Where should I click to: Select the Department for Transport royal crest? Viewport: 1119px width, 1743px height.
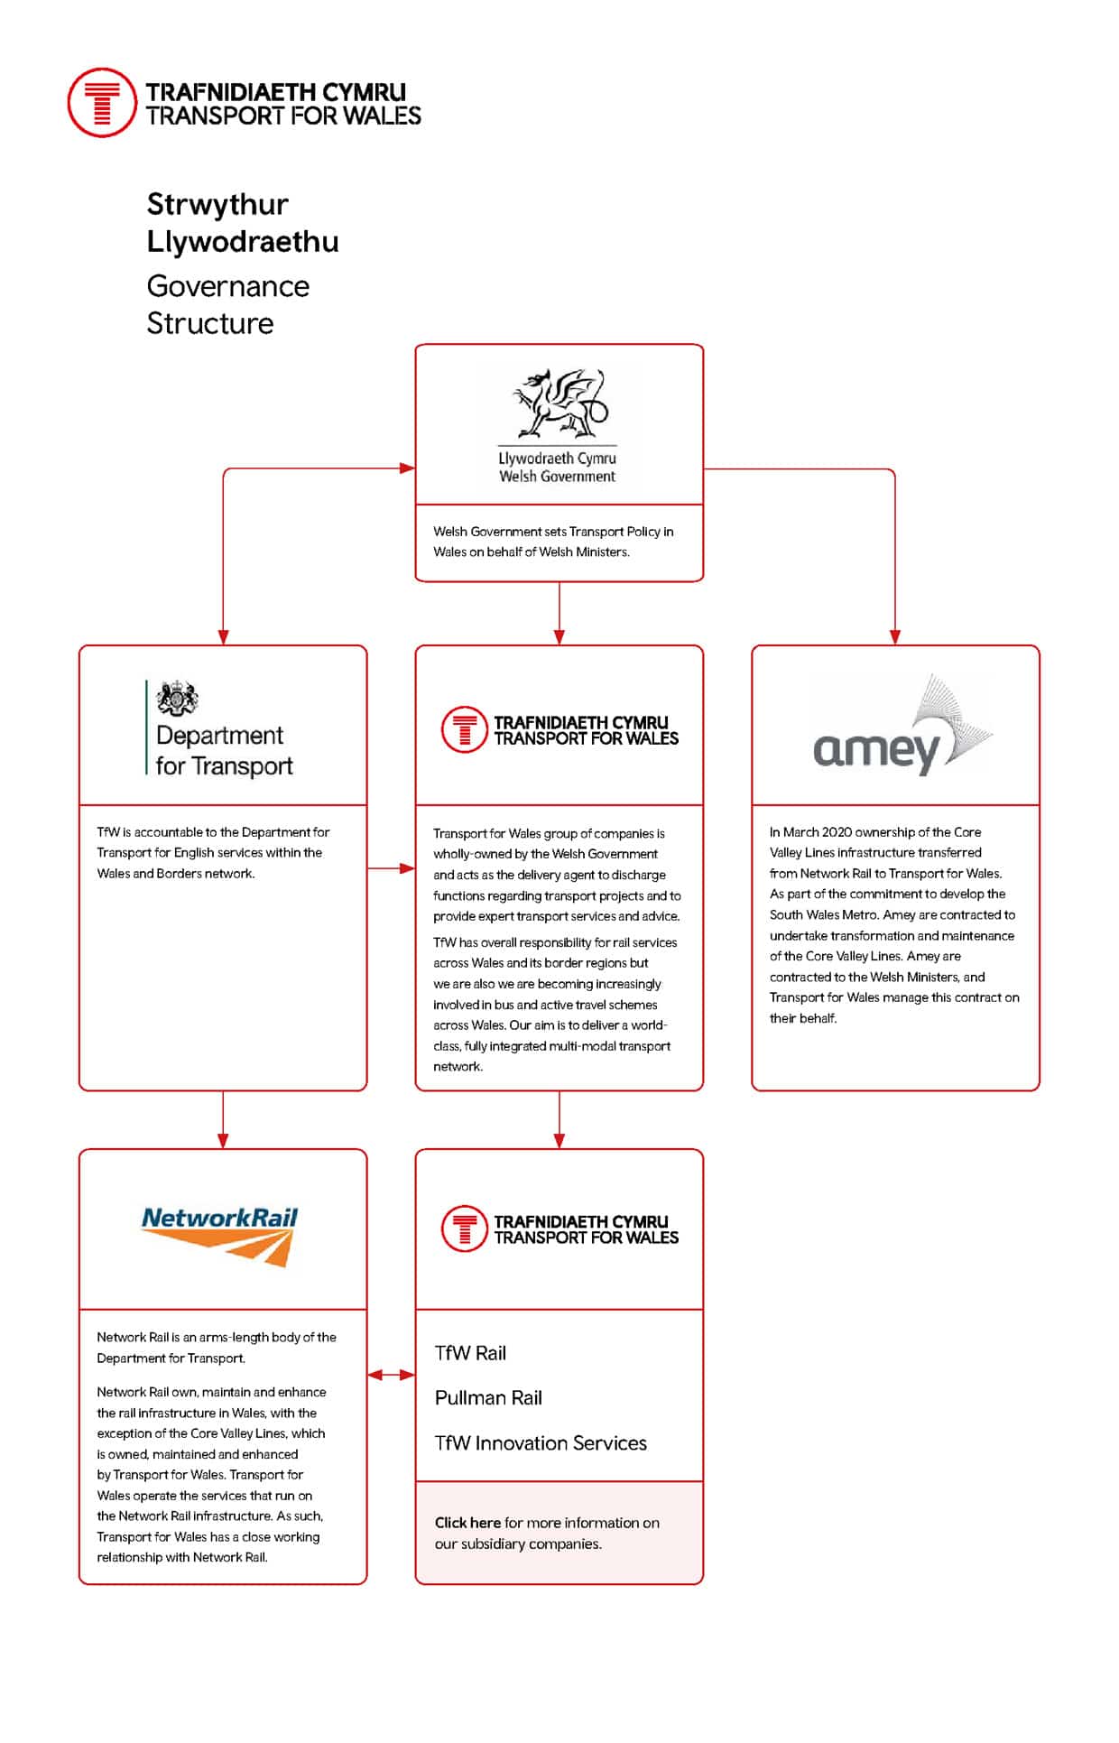coord(177,698)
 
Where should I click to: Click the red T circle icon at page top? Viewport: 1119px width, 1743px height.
coord(102,103)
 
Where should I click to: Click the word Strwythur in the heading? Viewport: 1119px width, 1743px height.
coord(217,205)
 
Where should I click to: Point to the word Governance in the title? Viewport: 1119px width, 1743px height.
coord(228,286)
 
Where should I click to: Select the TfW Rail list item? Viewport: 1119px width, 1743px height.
coord(470,1353)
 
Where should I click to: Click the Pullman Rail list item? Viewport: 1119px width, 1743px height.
coord(488,1398)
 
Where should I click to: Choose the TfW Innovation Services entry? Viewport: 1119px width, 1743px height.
coord(541,1443)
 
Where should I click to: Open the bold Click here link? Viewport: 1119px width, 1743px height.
coord(467,1523)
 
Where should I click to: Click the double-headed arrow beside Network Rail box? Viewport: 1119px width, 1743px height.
coord(391,1375)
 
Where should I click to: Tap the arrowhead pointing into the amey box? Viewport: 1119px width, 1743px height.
coord(895,635)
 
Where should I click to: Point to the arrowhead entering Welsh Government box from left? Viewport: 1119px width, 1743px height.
coord(407,468)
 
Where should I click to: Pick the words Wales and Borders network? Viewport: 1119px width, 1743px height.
coord(175,874)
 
